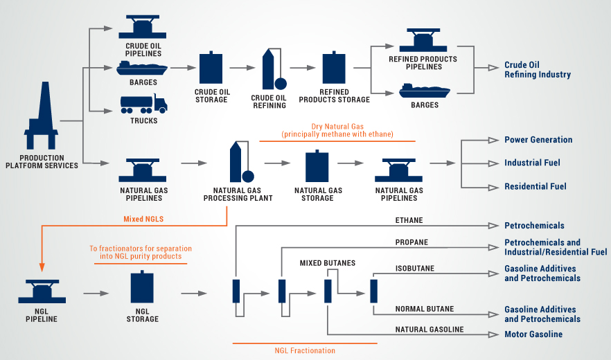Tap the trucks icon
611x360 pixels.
click(x=143, y=104)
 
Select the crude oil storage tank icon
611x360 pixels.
click(x=211, y=68)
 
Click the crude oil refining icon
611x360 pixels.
click(x=271, y=69)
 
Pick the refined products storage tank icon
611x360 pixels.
click(x=334, y=68)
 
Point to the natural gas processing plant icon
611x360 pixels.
click(x=238, y=162)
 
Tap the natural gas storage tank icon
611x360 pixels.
click(x=318, y=166)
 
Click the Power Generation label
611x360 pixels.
click(x=538, y=140)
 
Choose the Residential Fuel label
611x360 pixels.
click(x=535, y=186)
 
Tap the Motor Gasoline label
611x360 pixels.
click(x=533, y=334)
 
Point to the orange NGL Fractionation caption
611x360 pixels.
click(x=304, y=350)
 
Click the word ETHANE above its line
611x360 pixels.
click(x=409, y=221)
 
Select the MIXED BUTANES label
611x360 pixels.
click(x=327, y=263)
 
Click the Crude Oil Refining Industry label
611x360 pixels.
click(x=538, y=70)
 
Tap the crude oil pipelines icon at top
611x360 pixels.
click(x=143, y=27)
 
